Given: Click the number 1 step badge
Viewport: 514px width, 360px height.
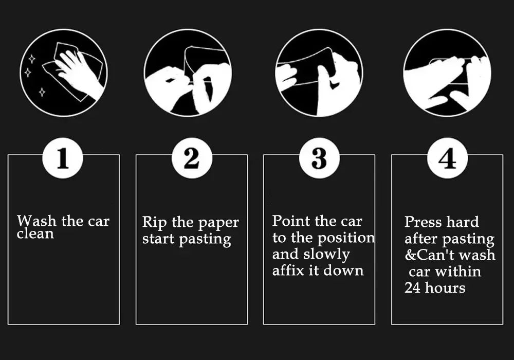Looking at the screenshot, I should [63, 158].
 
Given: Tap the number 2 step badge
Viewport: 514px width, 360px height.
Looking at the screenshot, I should [191, 158].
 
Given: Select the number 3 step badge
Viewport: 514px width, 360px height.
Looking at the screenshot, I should [319, 158].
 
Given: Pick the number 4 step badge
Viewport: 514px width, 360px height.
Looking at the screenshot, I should [447, 158].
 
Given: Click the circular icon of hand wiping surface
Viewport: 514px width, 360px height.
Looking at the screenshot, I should [64, 73].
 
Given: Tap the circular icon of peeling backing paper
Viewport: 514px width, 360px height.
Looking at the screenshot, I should [188, 73].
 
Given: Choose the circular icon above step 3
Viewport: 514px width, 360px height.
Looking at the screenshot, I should [319, 73].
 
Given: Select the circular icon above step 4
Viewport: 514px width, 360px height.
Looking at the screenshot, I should [447, 73].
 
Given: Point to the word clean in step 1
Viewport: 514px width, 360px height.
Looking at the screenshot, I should [35, 234].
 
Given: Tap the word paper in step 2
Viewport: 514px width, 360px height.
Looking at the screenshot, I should [218, 223].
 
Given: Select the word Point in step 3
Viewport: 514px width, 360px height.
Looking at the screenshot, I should [291, 221].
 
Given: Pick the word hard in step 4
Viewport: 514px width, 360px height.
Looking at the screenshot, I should [462, 222].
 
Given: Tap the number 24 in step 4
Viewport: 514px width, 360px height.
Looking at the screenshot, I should [412, 287].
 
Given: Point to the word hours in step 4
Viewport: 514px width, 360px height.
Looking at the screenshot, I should [445, 287].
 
